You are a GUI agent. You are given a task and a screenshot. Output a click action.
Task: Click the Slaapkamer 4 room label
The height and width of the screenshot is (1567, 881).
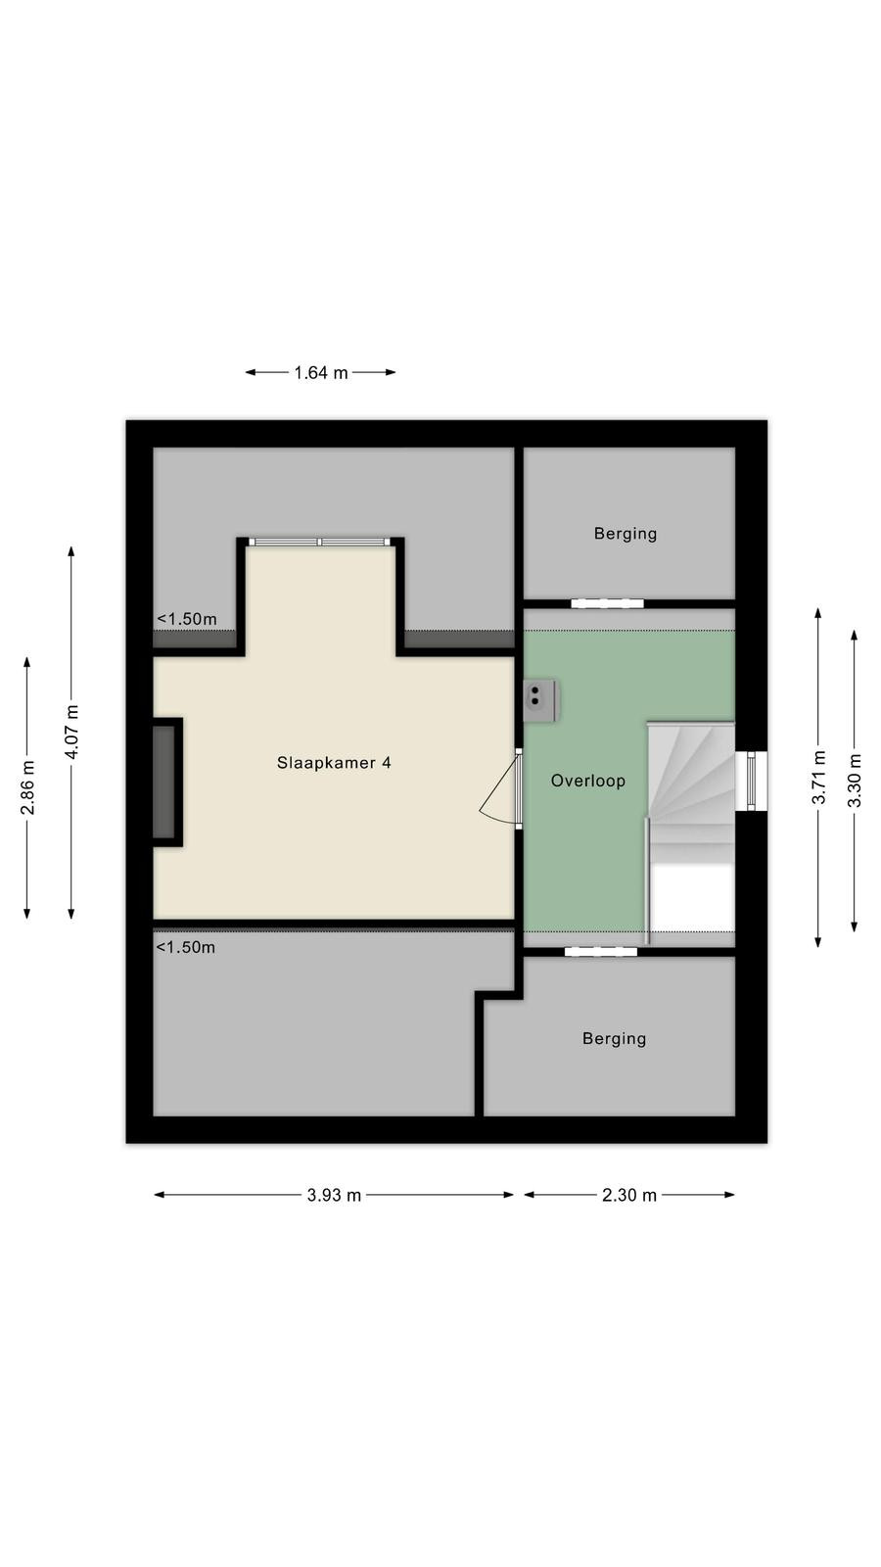334,763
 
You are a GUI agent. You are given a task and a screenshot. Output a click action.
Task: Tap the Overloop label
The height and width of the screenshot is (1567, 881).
588,781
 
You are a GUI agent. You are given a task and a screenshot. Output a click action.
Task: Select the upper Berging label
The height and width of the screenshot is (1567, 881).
626,534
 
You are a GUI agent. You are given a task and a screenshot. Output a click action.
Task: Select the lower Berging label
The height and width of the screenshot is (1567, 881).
614,1039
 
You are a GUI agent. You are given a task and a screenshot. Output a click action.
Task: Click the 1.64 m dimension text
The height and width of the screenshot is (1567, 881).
321,373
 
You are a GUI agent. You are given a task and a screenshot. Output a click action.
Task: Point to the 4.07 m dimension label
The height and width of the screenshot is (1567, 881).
72,732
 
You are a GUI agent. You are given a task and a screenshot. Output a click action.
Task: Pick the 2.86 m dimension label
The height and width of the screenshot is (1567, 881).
28,787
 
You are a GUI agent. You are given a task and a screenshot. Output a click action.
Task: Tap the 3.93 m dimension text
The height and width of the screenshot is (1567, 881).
334,1195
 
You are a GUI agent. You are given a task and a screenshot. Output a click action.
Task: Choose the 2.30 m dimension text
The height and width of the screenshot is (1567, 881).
629,1195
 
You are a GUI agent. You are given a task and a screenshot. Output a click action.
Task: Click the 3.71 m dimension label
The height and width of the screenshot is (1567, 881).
818,778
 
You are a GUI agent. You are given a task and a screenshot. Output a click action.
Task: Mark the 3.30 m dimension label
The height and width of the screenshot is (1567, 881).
855,781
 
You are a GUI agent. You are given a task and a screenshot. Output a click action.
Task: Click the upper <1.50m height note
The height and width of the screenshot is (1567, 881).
187,619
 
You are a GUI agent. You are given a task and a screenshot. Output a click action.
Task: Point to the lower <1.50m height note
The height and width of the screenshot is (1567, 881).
185,947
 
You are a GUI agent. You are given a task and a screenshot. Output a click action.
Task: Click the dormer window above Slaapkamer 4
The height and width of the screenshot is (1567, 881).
320,542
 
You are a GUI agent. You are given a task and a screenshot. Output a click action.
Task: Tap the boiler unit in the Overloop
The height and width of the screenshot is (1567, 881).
540,700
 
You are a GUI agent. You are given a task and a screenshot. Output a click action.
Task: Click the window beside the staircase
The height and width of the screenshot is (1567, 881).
752,781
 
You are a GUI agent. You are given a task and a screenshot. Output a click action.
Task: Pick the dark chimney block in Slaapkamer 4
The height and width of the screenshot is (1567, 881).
165,783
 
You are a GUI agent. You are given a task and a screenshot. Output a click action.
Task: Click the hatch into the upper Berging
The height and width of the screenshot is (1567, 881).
607,603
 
